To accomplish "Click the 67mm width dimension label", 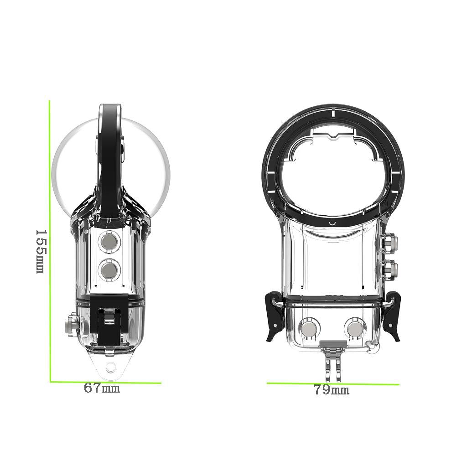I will [x=102, y=389].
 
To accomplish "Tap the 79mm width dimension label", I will [x=331, y=390].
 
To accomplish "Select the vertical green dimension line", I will [x=50, y=242].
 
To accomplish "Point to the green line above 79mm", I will [x=333, y=383].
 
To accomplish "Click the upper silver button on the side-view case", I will [x=109, y=242].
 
